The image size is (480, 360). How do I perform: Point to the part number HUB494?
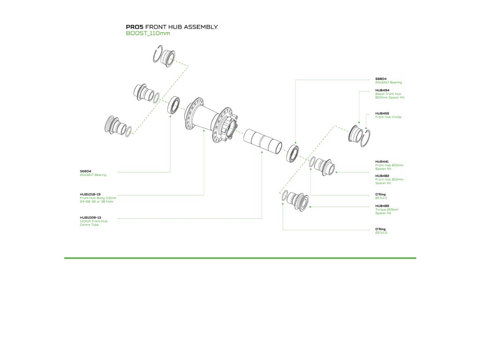[382, 90]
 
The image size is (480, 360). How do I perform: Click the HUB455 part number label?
[382, 113]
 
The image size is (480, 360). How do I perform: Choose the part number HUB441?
[382, 161]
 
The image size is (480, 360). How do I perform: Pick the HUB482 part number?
[382, 176]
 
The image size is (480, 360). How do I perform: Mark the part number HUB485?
[382, 206]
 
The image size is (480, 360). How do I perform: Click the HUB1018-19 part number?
[90, 194]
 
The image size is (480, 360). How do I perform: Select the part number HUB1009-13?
[90, 217]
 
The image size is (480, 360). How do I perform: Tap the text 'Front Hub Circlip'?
[389, 117]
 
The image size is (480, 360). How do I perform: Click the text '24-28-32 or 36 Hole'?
[97, 202]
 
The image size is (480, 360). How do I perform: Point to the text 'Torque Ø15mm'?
[387, 210]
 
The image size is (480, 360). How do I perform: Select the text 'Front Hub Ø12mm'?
[389, 180]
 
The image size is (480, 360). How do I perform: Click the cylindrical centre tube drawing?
[262, 141]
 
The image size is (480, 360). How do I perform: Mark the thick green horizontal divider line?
[240, 258]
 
